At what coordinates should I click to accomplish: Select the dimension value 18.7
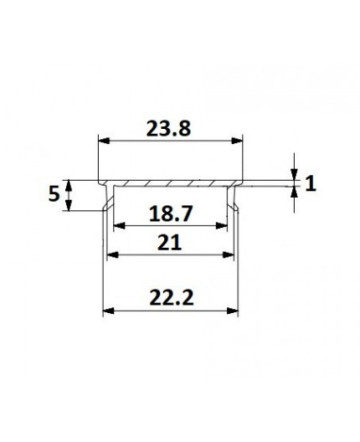(x=171, y=213)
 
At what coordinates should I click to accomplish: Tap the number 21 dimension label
(x=170, y=242)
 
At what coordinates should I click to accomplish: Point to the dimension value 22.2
(x=170, y=298)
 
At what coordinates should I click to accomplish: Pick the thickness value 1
(x=311, y=183)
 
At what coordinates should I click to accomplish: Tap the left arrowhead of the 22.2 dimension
(x=107, y=311)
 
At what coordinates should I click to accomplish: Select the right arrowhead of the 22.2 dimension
(x=233, y=311)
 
